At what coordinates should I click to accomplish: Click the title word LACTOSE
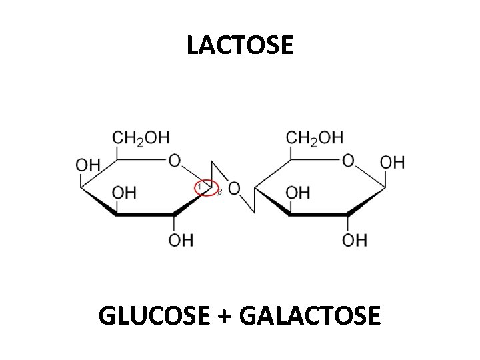[240, 45]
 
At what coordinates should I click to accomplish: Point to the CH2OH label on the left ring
[141, 138]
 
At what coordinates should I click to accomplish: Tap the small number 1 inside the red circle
[199, 187]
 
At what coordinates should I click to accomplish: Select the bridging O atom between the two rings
[233, 189]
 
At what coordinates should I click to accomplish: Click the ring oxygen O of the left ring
[175, 161]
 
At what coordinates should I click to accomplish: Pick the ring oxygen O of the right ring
[348, 161]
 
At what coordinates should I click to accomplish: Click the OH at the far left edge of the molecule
[89, 164]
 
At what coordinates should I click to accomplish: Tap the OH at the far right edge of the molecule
[392, 162]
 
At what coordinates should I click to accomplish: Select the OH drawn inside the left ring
[123, 193]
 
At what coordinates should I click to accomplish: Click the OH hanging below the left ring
[181, 239]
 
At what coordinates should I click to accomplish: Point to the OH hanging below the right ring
[354, 239]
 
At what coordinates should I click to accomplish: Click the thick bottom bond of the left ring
[145, 215]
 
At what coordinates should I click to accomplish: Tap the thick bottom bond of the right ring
[319, 215]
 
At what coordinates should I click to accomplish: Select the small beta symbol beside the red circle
[219, 192]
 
